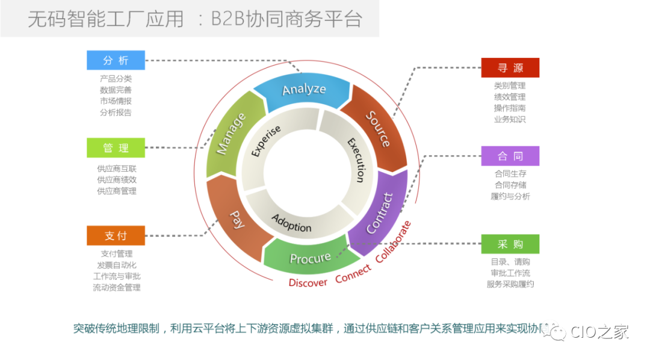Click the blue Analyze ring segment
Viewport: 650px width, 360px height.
point(303,90)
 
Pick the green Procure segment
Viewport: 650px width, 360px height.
point(310,258)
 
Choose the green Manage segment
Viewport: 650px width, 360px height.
point(231,134)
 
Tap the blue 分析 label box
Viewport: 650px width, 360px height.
point(116,60)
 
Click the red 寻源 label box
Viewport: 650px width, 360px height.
point(510,68)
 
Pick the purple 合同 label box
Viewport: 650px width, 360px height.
point(510,156)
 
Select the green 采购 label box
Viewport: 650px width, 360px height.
point(510,244)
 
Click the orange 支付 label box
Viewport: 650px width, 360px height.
point(116,235)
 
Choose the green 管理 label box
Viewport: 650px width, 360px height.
point(116,148)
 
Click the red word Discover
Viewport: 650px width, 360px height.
point(308,282)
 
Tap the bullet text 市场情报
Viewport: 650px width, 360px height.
point(116,101)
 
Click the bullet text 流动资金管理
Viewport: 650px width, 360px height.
point(116,288)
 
